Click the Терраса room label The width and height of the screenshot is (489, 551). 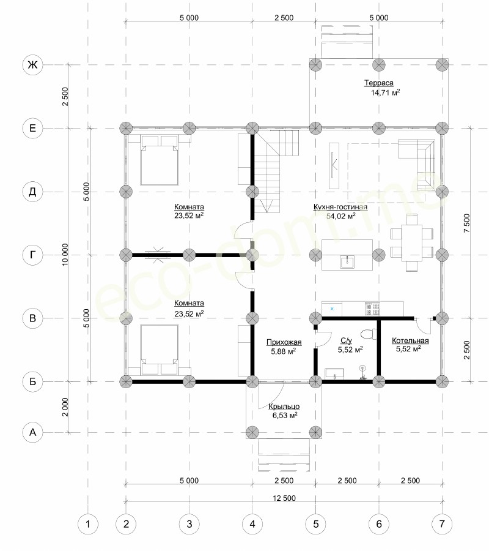click(x=379, y=83)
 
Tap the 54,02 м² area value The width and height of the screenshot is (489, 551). click(x=341, y=216)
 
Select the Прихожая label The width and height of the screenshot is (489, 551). click(x=284, y=342)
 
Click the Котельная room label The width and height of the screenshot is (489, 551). click(x=410, y=340)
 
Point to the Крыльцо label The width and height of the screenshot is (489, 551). click(x=284, y=407)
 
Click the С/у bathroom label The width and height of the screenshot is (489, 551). click(x=346, y=340)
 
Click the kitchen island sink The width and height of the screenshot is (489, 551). click(x=347, y=262)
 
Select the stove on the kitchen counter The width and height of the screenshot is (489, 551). click(x=372, y=309)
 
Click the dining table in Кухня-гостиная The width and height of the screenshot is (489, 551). click(x=412, y=242)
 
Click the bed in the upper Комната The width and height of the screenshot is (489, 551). click(x=160, y=160)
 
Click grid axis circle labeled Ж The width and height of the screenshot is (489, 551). click(x=32, y=65)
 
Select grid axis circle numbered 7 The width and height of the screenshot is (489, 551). click(x=442, y=524)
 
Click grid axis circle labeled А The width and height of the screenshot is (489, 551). click(x=32, y=432)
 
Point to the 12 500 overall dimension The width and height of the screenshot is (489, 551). click(x=284, y=498)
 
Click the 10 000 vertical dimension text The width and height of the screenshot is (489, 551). click(x=65, y=255)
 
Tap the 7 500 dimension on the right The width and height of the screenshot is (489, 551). click(x=466, y=223)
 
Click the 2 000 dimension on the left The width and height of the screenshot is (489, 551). click(x=65, y=407)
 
